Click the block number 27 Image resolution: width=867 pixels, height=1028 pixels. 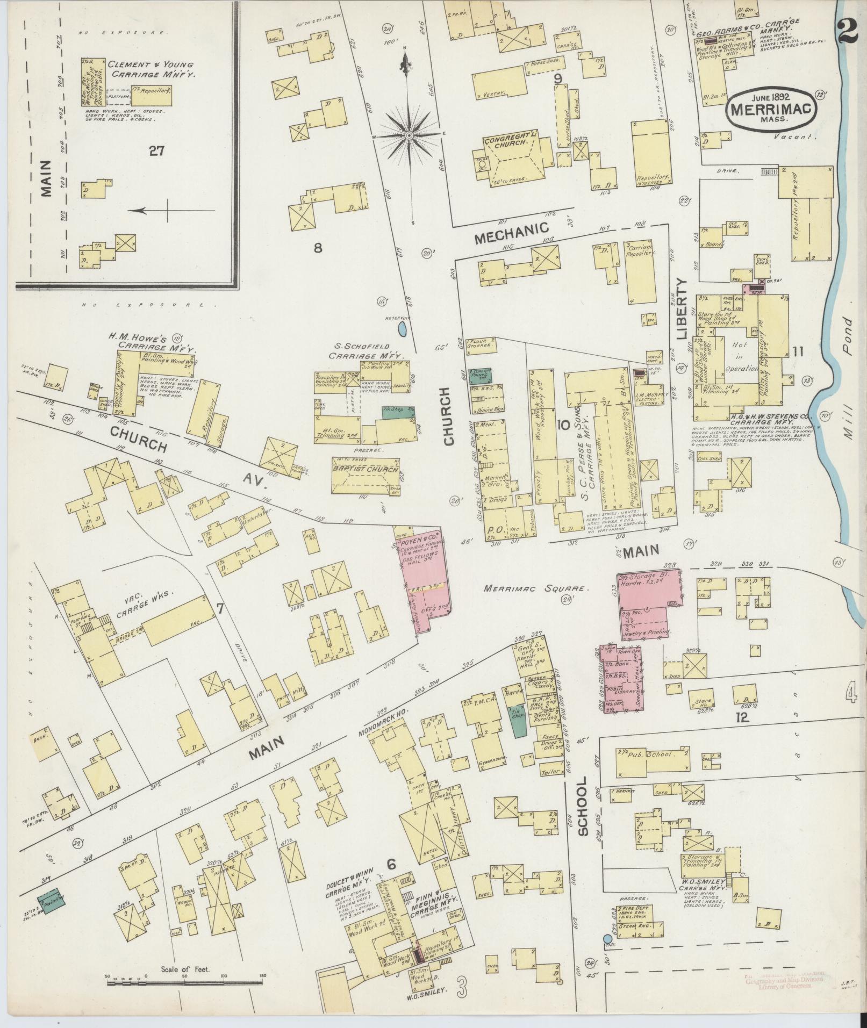[x=157, y=151]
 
